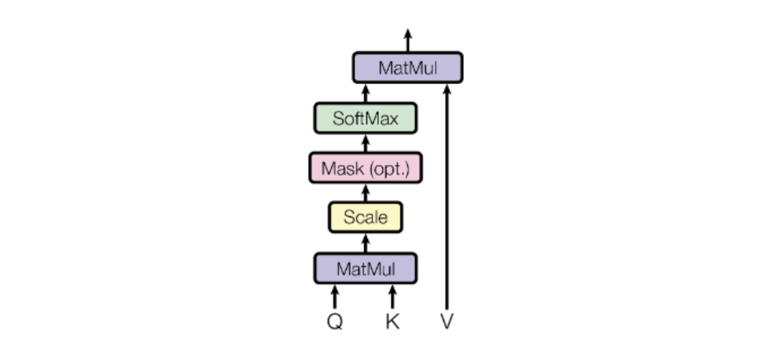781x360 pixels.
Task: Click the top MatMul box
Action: (407, 68)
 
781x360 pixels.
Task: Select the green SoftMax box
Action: (366, 118)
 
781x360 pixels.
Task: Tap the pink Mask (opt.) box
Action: (366, 168)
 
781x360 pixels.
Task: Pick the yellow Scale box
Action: (366, 217)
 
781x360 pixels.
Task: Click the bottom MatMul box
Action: (366, 268)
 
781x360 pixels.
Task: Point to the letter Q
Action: (335, 322)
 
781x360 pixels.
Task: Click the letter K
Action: (392, 322)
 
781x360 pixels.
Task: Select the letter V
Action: (447, 322)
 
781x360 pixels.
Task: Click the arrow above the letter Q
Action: (335, 297)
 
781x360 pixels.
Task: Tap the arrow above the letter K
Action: (392, 297)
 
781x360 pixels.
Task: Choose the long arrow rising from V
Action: (447, 198)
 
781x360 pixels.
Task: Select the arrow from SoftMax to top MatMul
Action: (366, 93)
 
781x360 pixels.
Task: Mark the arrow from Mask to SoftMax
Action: (366, 143)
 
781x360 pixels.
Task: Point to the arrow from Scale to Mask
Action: (366, 192)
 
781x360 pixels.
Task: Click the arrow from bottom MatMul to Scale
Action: (366, 243)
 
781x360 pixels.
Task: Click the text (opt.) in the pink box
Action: (389, 169)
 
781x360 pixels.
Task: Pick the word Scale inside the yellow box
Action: (366, 217)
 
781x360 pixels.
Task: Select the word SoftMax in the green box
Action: (366, 118)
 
